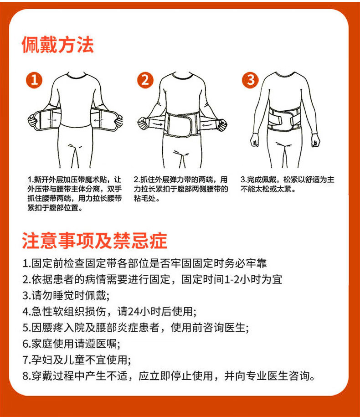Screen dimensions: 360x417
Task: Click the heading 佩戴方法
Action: [x=57, y=45]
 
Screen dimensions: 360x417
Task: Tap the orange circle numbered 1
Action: [x=34, y=80]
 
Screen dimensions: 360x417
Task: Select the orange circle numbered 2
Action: [x=145, y=80]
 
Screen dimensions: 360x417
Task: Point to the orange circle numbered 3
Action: [x=250, y=80]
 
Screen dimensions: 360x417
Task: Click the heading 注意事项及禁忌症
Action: [x=94, y=241]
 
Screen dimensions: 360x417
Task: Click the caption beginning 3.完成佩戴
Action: [x=287, y=184]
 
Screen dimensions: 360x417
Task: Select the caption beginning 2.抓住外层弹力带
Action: [x=181, y=189]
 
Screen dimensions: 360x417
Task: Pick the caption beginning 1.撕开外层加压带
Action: [x=74, y=194]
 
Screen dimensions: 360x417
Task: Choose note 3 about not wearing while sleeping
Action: [x=66, y=296]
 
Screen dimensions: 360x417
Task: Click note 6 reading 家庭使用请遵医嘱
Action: [x=71, y=344]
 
